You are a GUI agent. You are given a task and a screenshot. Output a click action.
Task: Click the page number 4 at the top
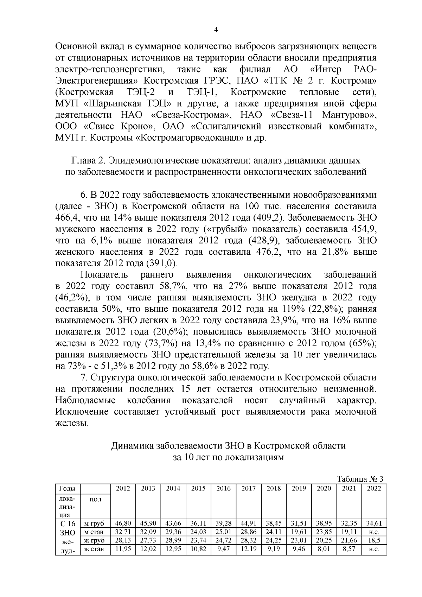pyautogui.click(x=216, y=31)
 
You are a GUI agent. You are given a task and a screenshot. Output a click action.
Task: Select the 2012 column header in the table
pyautogui.click(x=123, y=488)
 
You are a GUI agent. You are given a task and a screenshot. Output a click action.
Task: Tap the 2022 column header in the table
pyautogui.click(x=374, y=488)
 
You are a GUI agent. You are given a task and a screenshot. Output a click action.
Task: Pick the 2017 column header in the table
pyautogui.click(x=248, y=488)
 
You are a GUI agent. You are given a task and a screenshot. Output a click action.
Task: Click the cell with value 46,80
pyautogui.click(x=123, y=523)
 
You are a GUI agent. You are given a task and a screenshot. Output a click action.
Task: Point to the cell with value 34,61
pyautogui.click(x=374, y=523)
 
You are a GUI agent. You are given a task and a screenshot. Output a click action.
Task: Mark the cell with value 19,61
pyautogui.click(x=299, y=532)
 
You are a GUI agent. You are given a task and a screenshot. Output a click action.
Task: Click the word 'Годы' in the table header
pyautogui.click(x=66, y=489)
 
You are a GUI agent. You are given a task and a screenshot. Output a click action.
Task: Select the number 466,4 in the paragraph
pyautogui.click(x=67, y=218)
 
